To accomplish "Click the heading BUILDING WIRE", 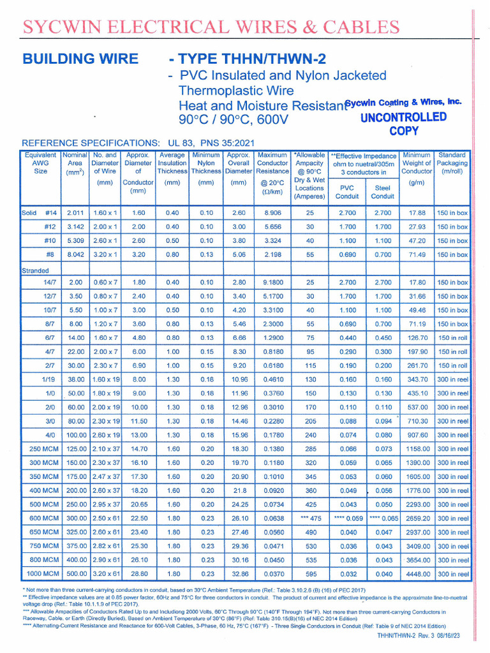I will pos(80,59).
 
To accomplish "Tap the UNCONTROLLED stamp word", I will pos(403,117).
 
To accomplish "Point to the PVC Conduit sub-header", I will pos(346,192).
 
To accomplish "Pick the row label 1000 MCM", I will pos(40,574).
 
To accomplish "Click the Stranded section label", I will pos(35,270).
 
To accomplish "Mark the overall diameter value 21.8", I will pos(239,490).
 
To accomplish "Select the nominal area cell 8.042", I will pos(75,254).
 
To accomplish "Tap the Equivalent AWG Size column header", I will pos(40,163).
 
